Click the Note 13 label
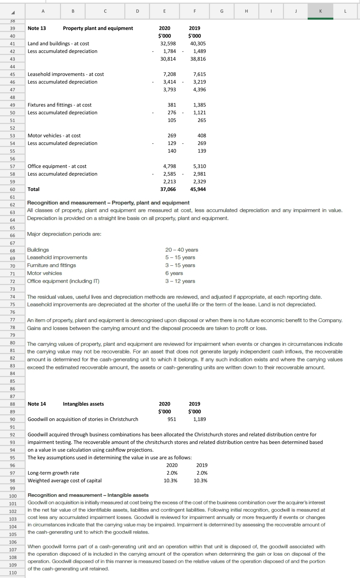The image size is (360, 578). pos(37,28)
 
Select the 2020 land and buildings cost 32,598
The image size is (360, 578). pos(168,44)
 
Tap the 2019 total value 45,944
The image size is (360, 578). pos(198,189)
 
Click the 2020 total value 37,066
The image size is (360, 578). pos(168,189)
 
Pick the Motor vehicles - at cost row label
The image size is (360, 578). pos(54,136)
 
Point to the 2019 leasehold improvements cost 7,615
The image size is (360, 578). pos(199,74)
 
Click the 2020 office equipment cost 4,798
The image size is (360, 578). pos(169,166)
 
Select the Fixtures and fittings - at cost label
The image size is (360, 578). pos(59,105)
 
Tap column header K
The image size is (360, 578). pos(320,11)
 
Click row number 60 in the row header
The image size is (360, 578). pos(12,189)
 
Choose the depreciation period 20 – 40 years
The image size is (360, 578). pos(182,250)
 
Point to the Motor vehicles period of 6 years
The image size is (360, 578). pos(174,273)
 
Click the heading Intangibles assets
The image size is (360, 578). pos(83,404)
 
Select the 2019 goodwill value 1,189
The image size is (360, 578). pos(199,419)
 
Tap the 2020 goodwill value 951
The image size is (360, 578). pos(172,419)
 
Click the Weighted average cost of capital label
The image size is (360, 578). pos(64,481)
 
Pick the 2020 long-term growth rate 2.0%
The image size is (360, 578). pos(172,473)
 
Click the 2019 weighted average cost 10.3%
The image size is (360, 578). pos(200,481)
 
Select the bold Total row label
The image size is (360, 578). pos(33,189)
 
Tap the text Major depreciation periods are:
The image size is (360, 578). pos(64,234)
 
